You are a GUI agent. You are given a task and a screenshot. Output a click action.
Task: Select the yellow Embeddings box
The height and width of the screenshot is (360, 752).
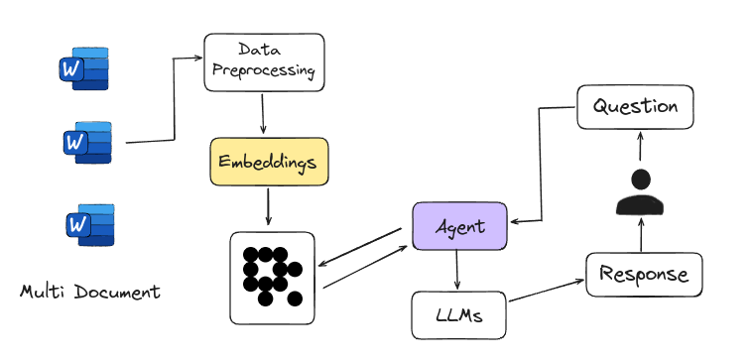[x=268, y=162]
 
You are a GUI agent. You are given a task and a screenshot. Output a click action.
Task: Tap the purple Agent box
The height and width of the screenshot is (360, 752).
[x=459, y=226]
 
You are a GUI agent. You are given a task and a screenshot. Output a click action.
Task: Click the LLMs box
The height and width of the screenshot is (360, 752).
[x=458, y=314]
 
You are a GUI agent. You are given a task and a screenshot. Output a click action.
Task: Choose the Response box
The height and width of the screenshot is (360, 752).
[x=644, y=274]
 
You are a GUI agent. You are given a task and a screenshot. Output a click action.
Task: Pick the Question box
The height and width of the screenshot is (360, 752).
[x=634, y=106]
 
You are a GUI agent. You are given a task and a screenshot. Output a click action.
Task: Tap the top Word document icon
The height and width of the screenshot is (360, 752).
[x=84, y=68]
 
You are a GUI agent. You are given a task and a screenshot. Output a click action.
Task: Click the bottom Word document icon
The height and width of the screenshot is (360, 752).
[x=89, y=225]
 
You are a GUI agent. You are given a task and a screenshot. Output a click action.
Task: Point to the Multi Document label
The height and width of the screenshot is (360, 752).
[x=90, y=293]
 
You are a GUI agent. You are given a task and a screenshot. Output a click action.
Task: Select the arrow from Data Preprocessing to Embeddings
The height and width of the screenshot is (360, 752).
[x=262, y=114]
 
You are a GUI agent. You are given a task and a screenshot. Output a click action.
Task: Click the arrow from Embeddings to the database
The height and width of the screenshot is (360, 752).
[x=268, y=208]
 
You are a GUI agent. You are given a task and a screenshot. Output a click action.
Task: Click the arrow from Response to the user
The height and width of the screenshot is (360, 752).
[x=641, y=236]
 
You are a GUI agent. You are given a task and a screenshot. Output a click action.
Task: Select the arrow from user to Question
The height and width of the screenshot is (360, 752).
[x=641, y=148]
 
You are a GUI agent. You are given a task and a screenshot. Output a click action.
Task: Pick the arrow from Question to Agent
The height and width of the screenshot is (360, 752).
[x=541, y=164]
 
